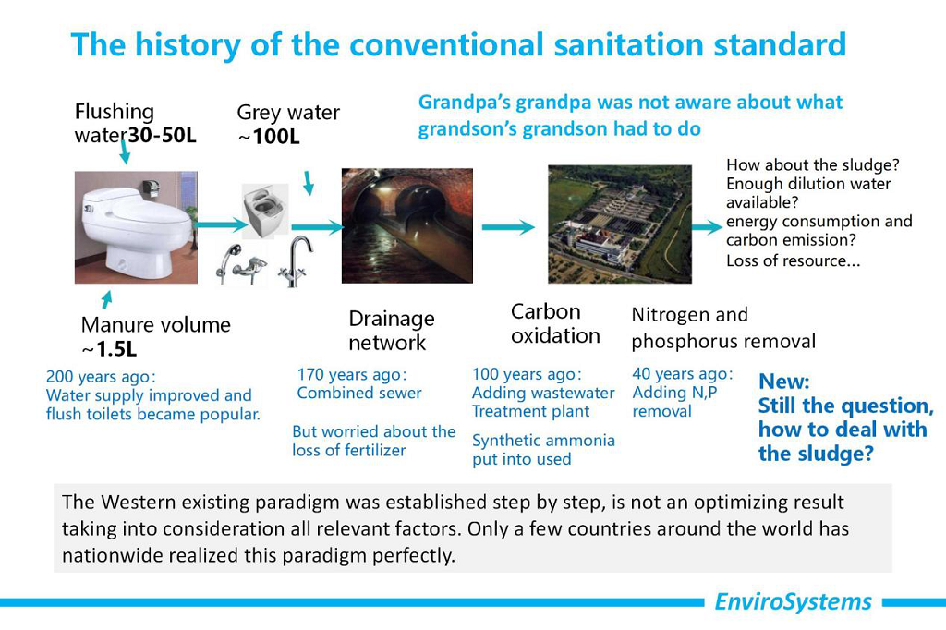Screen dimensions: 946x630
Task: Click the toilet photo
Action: pos(136,227)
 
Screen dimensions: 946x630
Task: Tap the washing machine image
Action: pos(265,212)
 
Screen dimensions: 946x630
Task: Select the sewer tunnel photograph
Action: pos(407,225)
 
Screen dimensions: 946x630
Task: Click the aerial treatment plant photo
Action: pos(620,224)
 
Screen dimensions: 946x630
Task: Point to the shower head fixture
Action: pos(241,263)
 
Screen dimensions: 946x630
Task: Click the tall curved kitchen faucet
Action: pos(296,260)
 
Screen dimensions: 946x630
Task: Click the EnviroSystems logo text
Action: pos(793,601)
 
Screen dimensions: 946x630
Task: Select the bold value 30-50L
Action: pos(163,135)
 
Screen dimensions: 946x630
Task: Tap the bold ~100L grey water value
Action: pos(269,137)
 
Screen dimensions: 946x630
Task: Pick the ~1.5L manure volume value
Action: pos(109,349)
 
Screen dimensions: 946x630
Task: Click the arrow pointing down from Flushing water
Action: pos(125,151)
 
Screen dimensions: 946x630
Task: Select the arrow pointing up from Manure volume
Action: pos(107,300)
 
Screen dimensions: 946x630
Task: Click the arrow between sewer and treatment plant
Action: pos(508,227)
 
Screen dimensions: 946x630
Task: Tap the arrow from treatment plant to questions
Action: pos(707,227)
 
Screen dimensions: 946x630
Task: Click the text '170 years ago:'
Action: pos(352,375)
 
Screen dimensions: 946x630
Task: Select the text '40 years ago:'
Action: pos(683,374)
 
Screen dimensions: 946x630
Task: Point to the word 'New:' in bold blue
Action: pos(784,382)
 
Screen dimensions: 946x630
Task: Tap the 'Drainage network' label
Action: pos(392,331)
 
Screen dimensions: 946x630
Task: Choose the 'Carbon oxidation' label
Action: pos(555,323)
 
